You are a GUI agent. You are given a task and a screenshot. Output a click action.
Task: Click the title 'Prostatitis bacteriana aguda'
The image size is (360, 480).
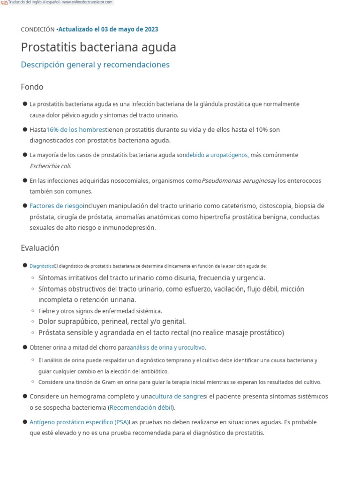pyautogui.click(x=98, y=47)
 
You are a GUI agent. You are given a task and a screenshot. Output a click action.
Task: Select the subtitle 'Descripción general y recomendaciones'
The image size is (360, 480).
pyautogui.click(x=95, y=65)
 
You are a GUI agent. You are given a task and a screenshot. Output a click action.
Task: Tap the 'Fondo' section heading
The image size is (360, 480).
pyautogui.click(x=32, y=87)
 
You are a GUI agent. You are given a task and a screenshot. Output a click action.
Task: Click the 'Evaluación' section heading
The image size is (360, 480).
pyautogui.click(x=40, y=247)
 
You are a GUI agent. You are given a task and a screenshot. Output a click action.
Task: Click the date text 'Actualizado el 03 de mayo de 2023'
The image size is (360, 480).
pyautogui.click(x=108, y=29)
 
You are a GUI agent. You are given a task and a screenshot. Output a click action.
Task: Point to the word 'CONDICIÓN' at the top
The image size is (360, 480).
pyautogui.click(x=37, y=29)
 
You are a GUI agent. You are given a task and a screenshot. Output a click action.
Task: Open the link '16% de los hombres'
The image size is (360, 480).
pyautogui.click(x=76, y=129)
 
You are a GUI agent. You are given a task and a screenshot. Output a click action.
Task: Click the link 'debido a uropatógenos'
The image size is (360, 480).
pyautogui.click(x=217, y=155)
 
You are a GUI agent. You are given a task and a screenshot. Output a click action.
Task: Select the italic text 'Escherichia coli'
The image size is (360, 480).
pyautogui.click(x=50, y=166)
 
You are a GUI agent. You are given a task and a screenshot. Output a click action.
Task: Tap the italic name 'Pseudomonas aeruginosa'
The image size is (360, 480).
pyautogui.click(x=237, y=180)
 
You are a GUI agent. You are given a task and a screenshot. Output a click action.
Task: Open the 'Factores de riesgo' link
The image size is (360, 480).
pyautogui.click(x=56, y=206)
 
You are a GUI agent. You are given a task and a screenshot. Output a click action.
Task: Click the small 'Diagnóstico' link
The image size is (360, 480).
pyautogui.click(x=42, y=266)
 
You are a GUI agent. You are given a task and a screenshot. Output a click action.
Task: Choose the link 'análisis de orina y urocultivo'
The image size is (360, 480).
pyautogui.click(x=167, y=347)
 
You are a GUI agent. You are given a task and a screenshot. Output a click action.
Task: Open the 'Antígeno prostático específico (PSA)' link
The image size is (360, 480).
pyautogui.click(x=79, y=422)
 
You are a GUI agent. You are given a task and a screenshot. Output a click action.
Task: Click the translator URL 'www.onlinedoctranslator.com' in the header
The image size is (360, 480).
pyautogui.click(x=89, y=2)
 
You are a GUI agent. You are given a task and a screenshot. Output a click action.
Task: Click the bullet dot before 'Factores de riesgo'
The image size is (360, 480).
pyautogui.click(x=25, y=205)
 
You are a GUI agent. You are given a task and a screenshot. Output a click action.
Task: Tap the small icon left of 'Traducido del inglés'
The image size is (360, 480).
pyautogui.click(x=4, y=2)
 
